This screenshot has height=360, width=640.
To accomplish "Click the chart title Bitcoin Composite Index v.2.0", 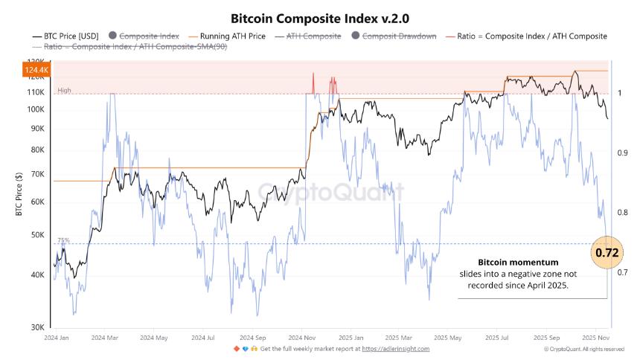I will click(321, 17).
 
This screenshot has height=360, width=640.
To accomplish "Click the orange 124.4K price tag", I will click(36, 71).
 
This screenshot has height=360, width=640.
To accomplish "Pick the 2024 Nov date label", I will click(302, 337).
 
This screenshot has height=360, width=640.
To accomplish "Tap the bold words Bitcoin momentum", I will click(518, 263).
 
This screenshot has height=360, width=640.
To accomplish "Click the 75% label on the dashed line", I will click(64, 240).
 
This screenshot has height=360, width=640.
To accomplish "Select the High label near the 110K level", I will click(64, 91).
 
